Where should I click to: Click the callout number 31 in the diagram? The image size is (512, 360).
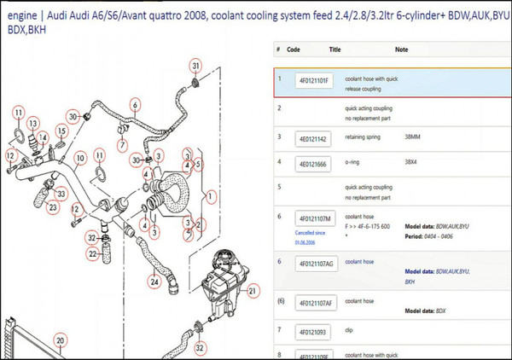[x=195, y=66]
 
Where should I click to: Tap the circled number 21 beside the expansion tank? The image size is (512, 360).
[x=253, y=291]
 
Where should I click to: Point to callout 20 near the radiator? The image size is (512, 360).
[x=59, y=340]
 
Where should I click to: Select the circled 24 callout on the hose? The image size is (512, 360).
[x=154, y=280]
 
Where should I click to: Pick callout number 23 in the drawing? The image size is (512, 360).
[x=54, y=206]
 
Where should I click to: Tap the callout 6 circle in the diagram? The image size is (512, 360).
[x=134, y=106]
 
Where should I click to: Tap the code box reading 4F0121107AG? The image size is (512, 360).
[x=315, y=264]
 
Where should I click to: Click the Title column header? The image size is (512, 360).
[x=335, y=49]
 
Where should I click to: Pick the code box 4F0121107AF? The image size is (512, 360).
[x=315, y=303]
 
